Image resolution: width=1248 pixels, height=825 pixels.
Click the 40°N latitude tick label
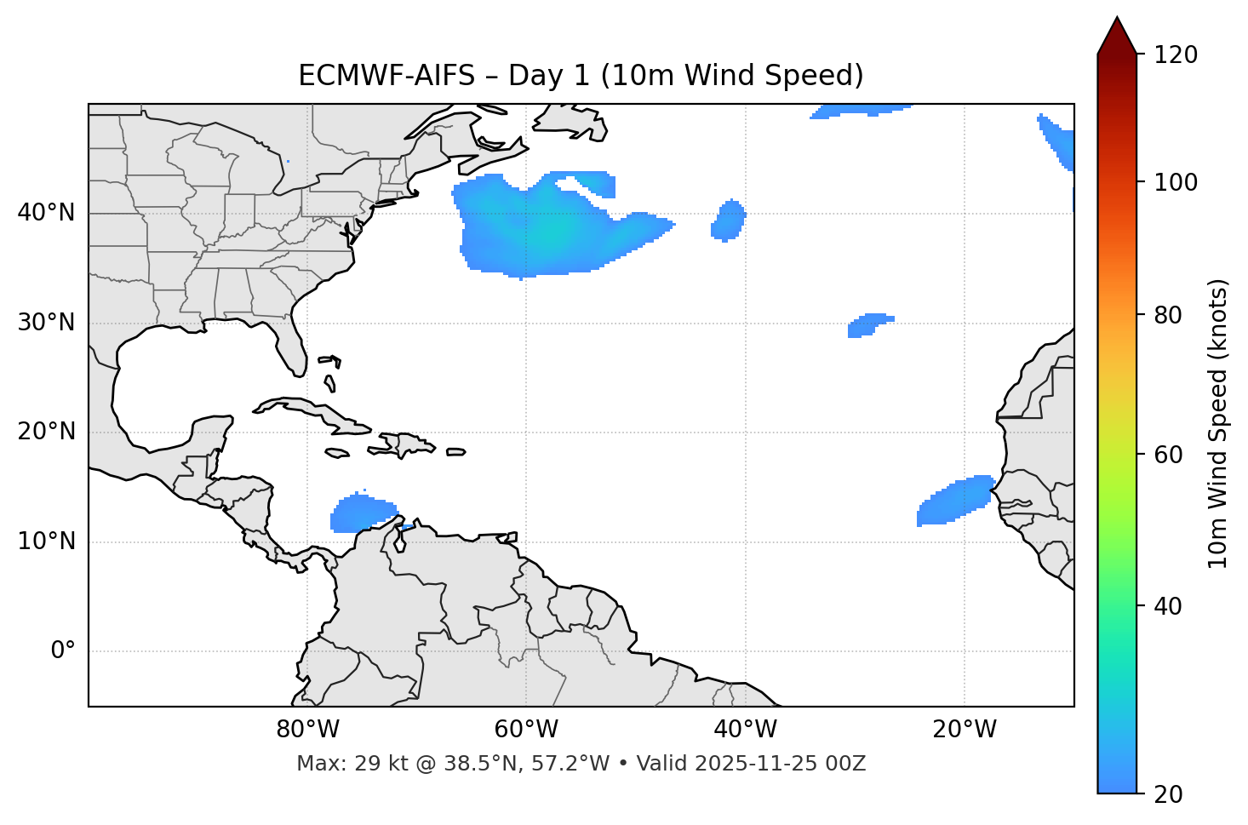point(46,213)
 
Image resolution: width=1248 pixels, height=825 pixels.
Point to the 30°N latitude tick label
point(46,323)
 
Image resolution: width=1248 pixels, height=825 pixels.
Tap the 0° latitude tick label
point(63,651)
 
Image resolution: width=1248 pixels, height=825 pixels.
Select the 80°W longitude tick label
point(307,730)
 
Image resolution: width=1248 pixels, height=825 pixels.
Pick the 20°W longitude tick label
point(965,730)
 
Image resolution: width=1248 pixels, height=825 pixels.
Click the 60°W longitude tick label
point(526,730)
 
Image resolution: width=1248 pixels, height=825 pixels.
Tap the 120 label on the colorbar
point(1176,55)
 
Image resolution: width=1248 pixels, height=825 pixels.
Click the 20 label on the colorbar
point(1169,794)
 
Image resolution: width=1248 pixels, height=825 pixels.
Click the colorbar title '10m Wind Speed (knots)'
point(1218,424)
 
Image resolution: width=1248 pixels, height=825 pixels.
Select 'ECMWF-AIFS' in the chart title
point(386,76)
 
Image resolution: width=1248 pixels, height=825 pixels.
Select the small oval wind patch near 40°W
point(729,221)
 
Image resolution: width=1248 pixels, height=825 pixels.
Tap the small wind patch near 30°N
point(868,324)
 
